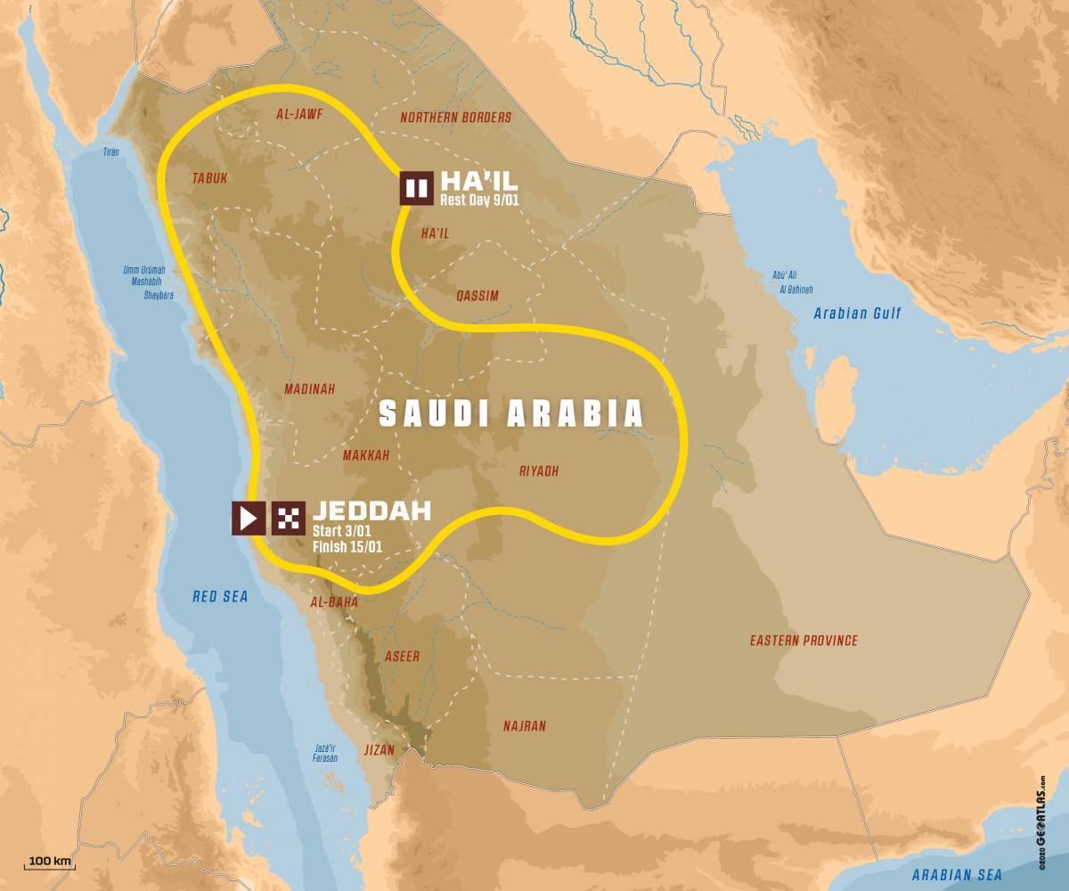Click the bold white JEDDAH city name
click(371, 511)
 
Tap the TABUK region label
click(209, 178)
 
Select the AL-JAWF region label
click(298, 115)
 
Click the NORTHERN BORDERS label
click(455, 118)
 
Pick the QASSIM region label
click(477, 297)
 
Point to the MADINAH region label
click(309, 389)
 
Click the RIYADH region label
click(538, 471)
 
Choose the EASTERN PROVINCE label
click(803, 641)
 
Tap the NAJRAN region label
click(524, 726)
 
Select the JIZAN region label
click(379, 750)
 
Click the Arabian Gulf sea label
click(857, 314)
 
